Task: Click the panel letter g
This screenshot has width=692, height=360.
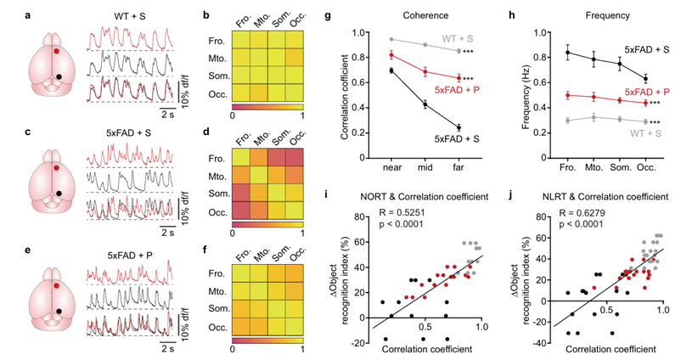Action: [342, 14]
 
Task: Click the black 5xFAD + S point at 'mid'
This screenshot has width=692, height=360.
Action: [425, 104]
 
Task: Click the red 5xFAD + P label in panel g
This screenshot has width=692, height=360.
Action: [459, 90]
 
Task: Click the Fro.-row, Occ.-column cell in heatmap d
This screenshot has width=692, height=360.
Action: [293, 159]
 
